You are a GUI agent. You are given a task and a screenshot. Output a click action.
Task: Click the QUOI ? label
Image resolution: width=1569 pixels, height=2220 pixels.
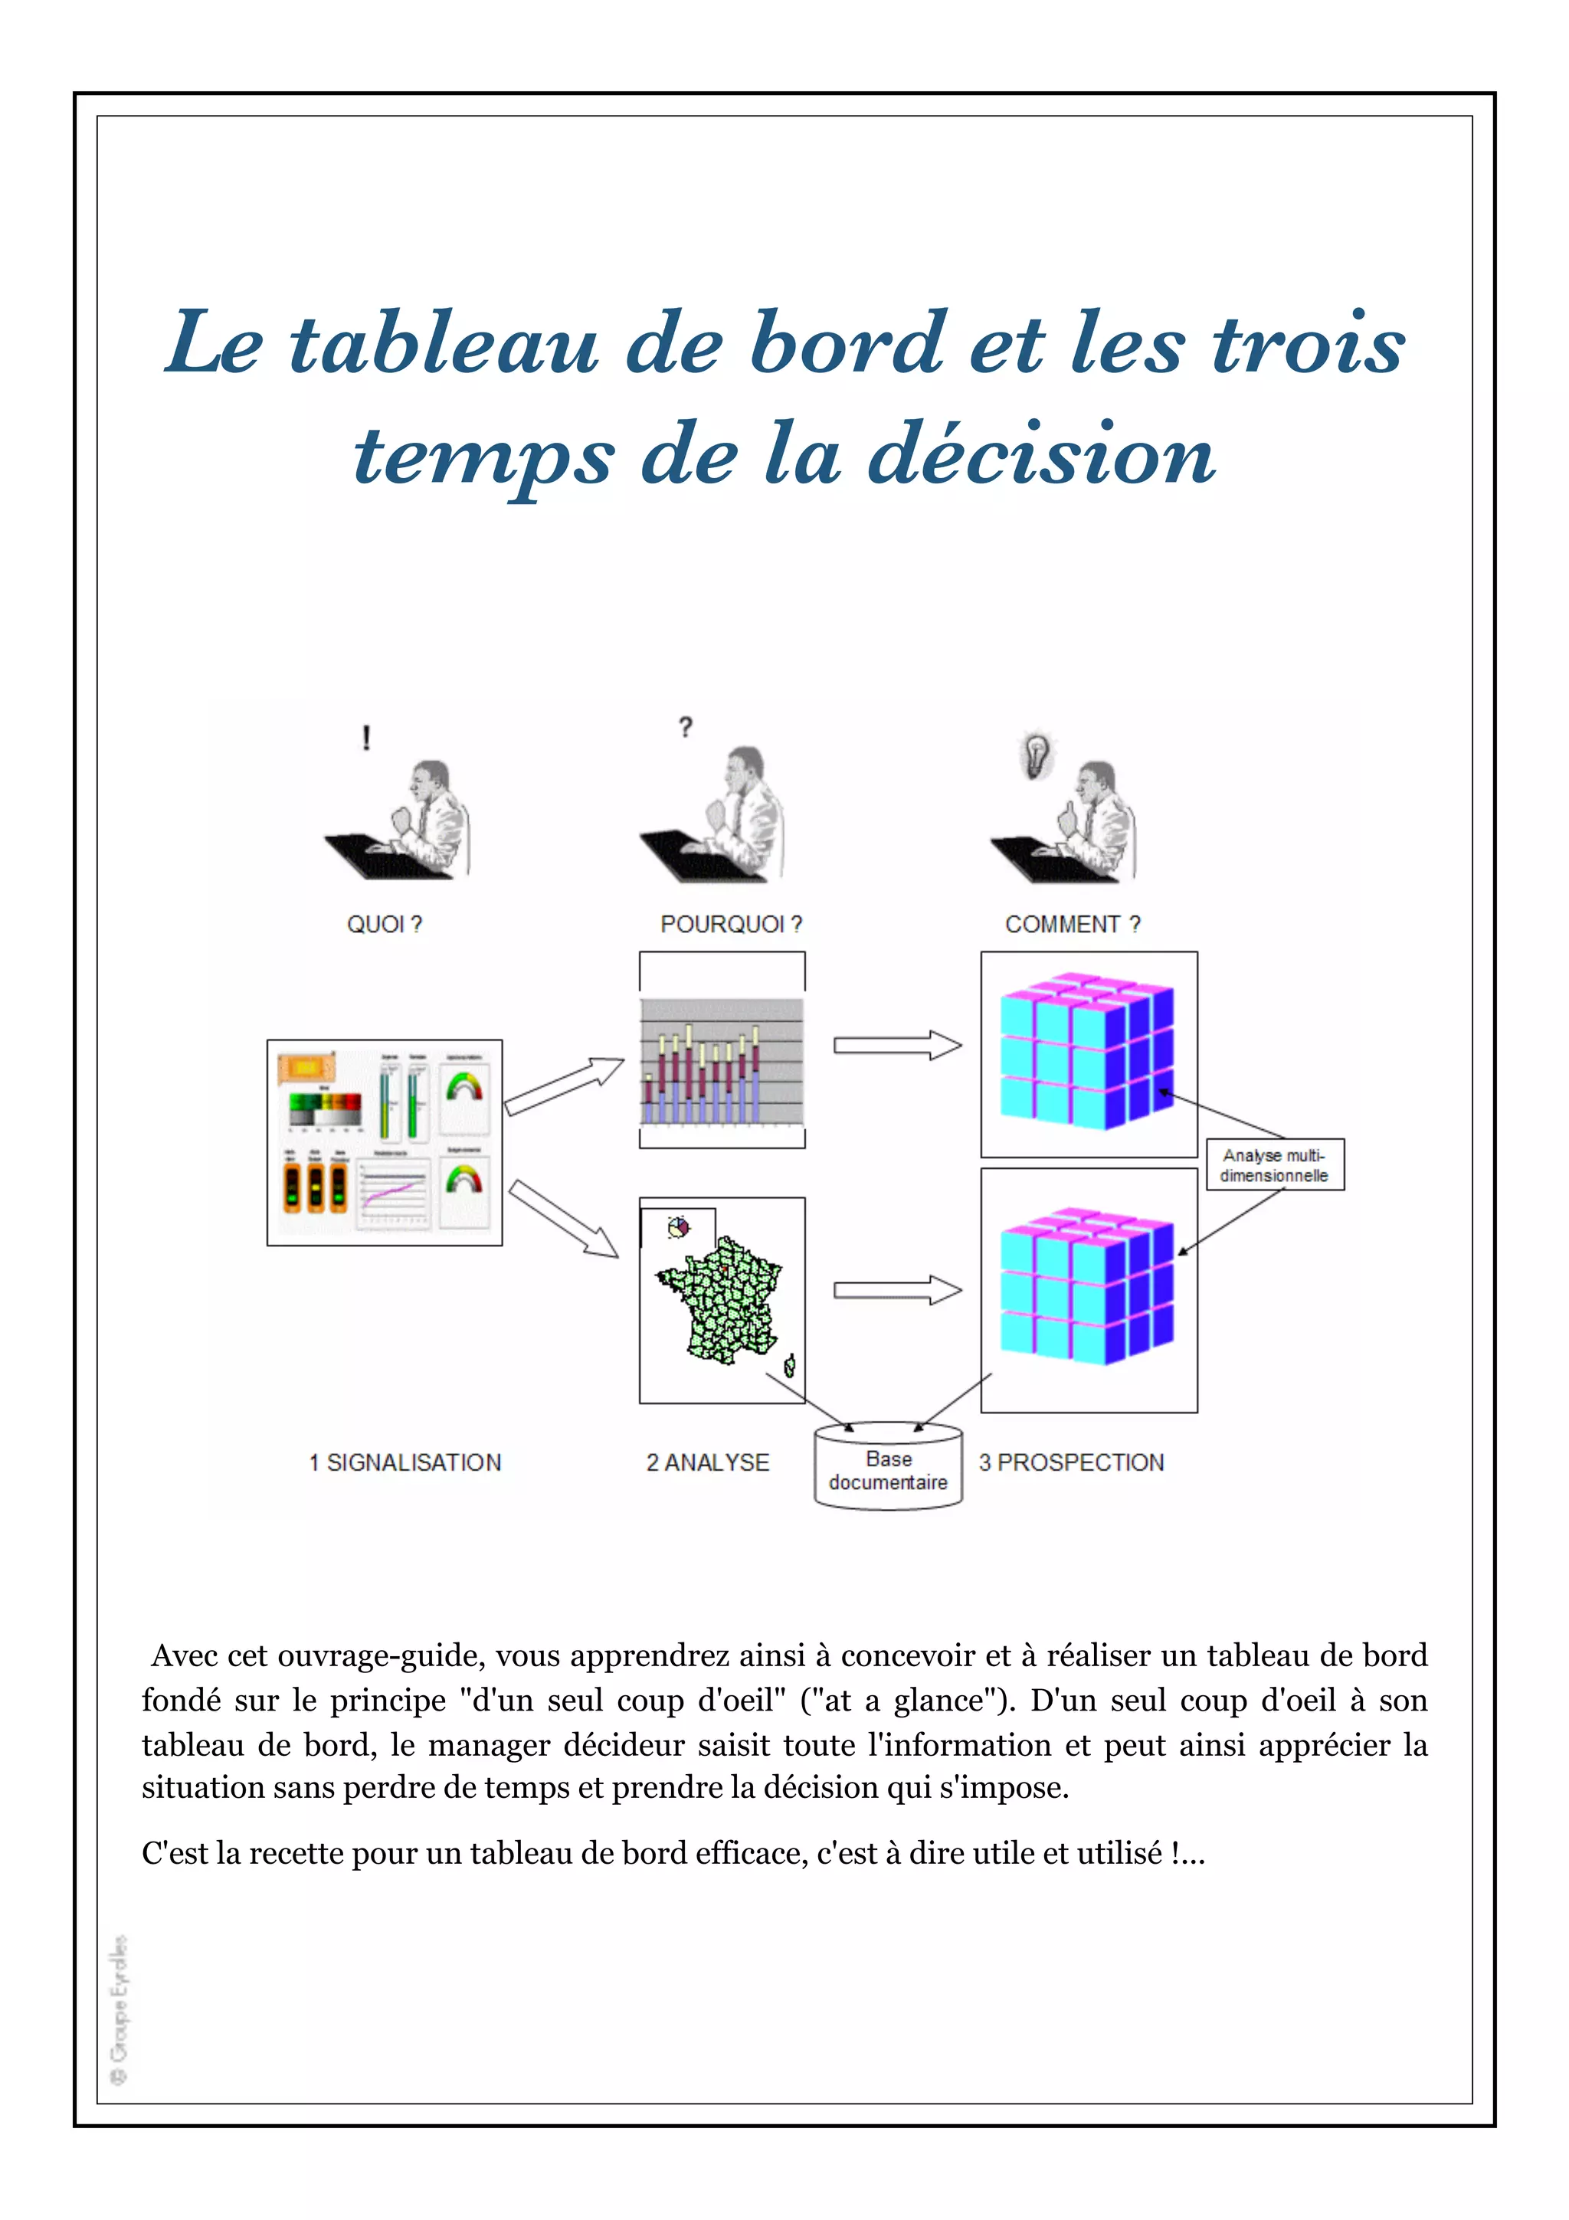pyautogui.click(x=384, y=925)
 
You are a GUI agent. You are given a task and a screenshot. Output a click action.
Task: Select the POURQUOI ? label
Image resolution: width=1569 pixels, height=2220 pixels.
pyautogui.click(x=731, y=925)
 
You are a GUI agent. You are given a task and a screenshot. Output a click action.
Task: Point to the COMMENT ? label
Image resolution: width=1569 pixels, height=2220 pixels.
pyautogui.click(x=1072, y=925)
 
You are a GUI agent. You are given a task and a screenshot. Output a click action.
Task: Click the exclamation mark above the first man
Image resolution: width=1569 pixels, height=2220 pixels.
pyautogui.click(x=366, y=738)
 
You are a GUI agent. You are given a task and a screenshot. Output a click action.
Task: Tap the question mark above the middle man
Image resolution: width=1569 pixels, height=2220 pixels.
pyautogui.click(x=686, y=727)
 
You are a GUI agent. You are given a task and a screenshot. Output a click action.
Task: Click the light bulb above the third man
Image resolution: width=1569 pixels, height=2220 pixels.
pyautogui.click(x=1037, y=755)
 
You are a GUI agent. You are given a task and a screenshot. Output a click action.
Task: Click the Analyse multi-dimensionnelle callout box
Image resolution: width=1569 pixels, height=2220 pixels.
pyautogui.click(x=1274, y=1165)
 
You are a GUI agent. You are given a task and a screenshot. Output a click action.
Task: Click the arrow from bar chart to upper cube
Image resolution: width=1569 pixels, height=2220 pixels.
pyautogui.click(x=897, y=1045)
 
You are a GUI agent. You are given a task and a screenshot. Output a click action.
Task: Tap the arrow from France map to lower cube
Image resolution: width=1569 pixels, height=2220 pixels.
pyautogui.click(x=897, y=1290)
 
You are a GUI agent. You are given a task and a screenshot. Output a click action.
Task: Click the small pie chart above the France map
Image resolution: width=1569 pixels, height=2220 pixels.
pyautogui.click(x=680, y=1228)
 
